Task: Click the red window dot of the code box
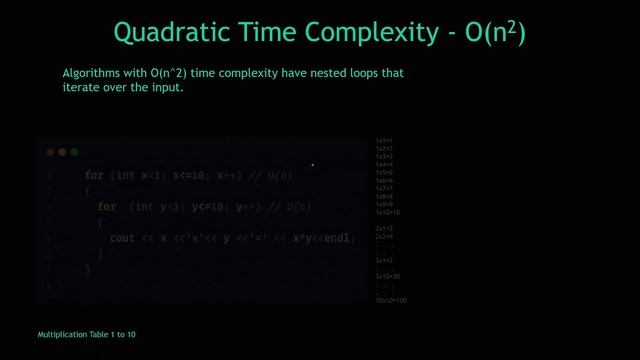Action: pyautogui.click(x=50, y=152)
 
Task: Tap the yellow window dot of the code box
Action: pyautogui.click(x=62, y=152)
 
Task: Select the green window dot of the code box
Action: pyautogui.click(x=74, y=152)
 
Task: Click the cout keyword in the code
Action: pyautogui.click(x=122, y=238)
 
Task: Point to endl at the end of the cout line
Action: pyautogui.click(x=341, y=238)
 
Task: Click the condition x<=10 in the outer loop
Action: pyautogui.click(x=186, y=175)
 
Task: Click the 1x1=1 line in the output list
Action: pyautogui.click(x=384, y=140)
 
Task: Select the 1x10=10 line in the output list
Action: pyautogui.click(x=386, y=213)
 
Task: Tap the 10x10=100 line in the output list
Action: pyautogui.click(x=390, y=300)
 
